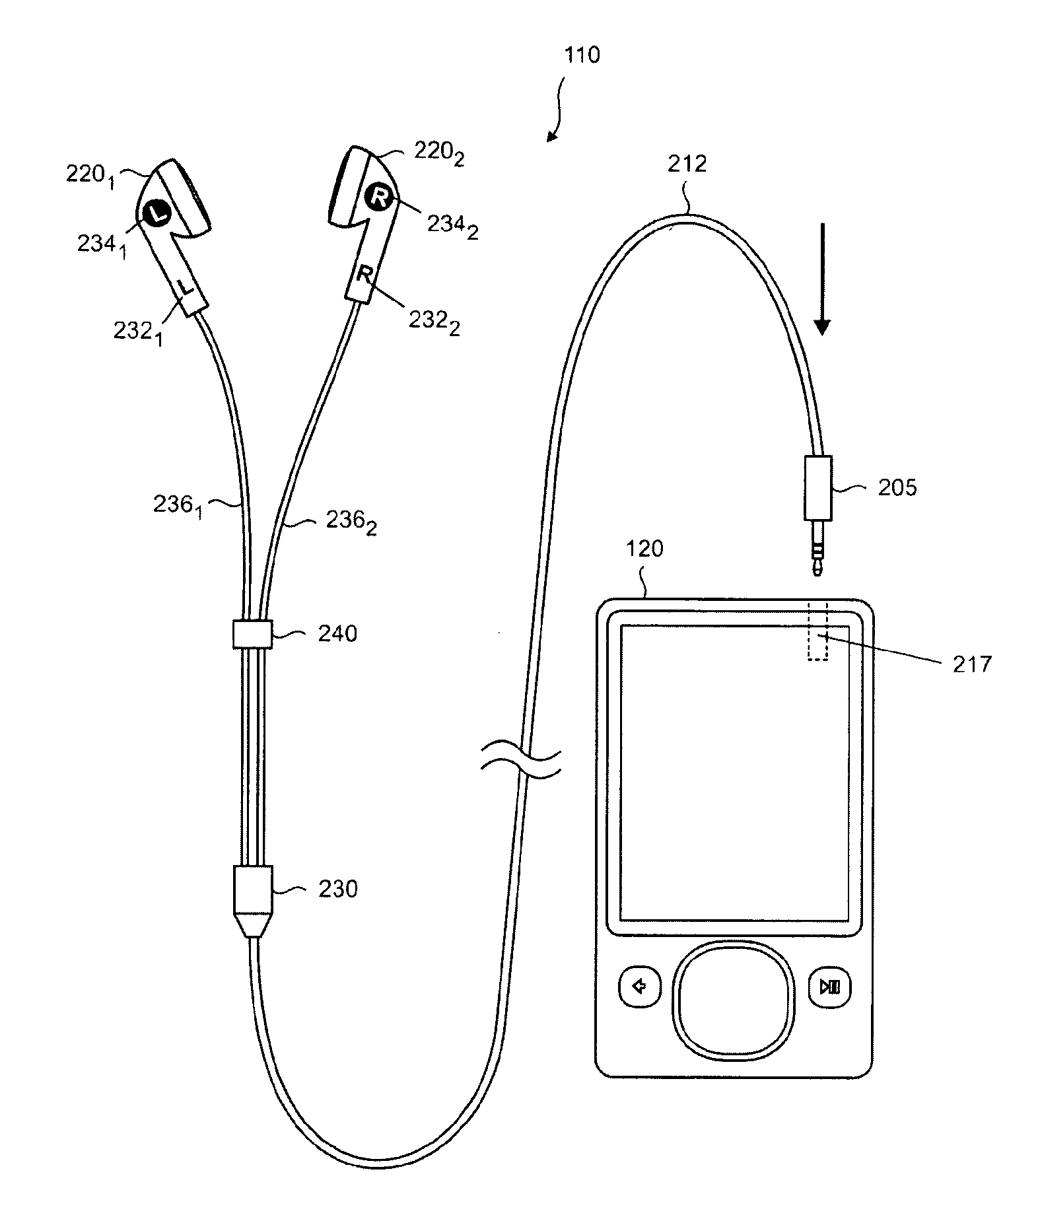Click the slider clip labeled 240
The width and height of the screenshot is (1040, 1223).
tap(251, 634)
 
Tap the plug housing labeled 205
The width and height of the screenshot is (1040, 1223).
tap(817, 487)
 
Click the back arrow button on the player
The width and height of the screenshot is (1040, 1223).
tap(640, 987)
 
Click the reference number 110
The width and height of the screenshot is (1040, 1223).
tap(581, 55)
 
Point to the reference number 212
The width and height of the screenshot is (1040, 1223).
tap(687, 163)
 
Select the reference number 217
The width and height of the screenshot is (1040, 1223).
tap(972, 664)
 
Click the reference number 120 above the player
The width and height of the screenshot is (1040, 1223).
tap(644, 549)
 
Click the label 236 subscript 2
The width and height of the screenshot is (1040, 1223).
tap(352, 522)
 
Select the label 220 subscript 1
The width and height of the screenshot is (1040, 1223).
tap(90, 175)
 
